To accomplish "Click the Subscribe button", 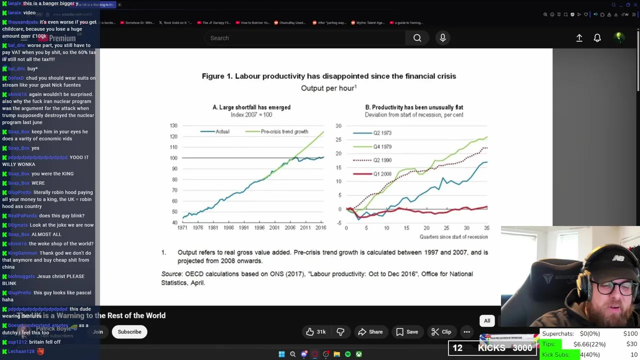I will (x=129, y=332).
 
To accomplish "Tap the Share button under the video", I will (x=370, y=332).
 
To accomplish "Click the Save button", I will (x=406, y=332).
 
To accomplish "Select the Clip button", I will (x=441, y=332).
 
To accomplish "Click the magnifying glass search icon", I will (x=417, y=38).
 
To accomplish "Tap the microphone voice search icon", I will (x=442, y=38).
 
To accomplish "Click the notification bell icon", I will (x=597, y=38).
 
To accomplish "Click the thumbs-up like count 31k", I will (x=316, y=332).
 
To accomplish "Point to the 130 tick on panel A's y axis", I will (x=173, y=125).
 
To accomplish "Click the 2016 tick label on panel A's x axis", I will (x=320, y=228).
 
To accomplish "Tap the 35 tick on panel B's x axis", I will (x=486, y=228).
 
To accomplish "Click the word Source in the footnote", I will (x=171, y=274).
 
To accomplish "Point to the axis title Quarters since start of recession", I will (x=453, y=237).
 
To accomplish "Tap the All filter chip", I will (x=487, y=321).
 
